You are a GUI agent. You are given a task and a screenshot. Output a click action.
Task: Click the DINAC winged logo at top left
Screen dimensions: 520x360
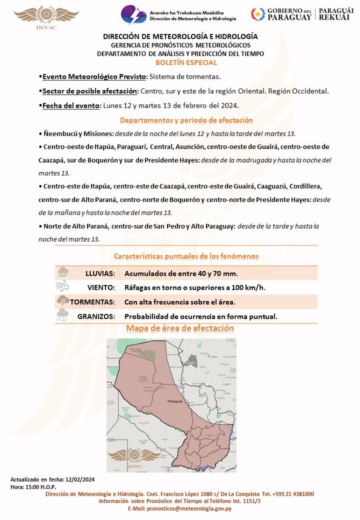46,16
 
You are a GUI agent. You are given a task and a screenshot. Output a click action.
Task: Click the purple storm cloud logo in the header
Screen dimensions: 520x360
134,14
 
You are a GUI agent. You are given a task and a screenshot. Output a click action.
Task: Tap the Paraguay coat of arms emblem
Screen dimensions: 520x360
258,14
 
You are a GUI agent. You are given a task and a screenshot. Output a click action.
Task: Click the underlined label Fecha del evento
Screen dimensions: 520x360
71,105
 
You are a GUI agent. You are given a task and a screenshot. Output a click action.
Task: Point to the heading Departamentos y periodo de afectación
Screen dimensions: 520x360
186,120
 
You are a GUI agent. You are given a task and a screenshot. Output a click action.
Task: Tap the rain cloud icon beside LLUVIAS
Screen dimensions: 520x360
63,273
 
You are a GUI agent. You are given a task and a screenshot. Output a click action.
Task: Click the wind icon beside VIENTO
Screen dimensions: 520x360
63,287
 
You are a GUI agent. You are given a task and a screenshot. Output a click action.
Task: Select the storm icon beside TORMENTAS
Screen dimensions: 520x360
63,301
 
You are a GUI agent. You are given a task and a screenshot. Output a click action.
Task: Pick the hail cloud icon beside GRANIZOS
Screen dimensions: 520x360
63,316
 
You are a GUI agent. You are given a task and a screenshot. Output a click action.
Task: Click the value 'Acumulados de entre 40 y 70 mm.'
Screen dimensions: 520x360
181,273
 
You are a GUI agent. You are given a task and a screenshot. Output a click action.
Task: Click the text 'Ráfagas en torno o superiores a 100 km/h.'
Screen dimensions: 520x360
194,288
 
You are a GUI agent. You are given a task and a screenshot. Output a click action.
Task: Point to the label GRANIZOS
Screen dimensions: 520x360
96,317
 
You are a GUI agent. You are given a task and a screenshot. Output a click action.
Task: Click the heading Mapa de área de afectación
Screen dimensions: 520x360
180,328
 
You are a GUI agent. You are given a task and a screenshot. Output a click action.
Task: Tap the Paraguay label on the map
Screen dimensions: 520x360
175,402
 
